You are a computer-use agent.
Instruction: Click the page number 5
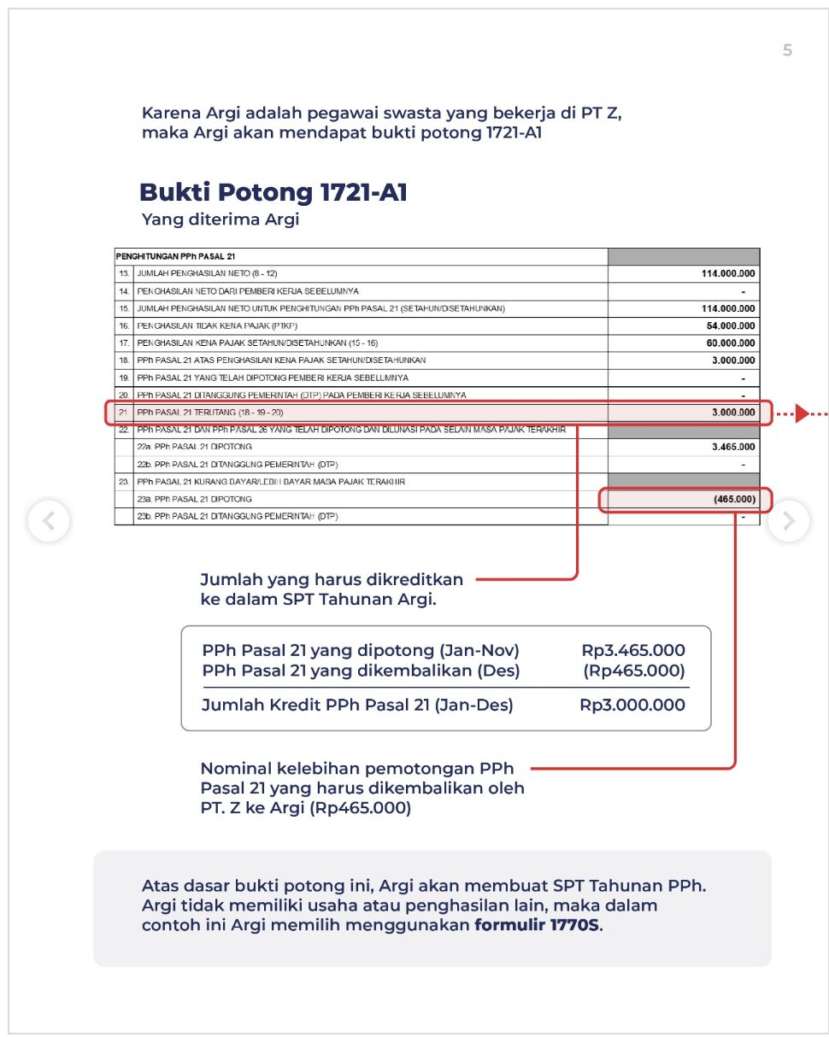point(787,50)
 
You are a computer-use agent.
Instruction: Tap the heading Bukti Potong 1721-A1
point(273,192)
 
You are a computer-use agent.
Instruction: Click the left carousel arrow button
point(49,520)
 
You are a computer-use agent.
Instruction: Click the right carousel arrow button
point(789,520)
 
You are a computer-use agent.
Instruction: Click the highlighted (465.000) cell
point(733,499)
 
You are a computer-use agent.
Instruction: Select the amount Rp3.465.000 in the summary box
point(633,651)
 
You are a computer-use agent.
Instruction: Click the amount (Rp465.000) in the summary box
point(634,671)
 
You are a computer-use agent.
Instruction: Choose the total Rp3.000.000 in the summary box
point(632,706)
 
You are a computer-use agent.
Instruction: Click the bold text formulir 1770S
point(538,926)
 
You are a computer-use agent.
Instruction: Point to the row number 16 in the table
point(124,325)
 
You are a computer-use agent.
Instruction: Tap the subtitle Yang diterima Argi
point(220,220)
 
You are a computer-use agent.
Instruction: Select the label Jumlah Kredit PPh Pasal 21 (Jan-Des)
point(357,706)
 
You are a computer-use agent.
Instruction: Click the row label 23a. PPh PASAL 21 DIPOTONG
point(194,499)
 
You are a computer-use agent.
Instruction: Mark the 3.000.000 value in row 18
point(732,360)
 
